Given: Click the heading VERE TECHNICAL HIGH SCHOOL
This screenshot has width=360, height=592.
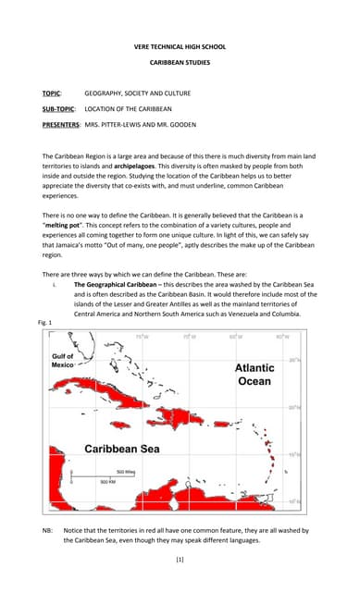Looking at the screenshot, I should pyautogui.click(x=180, y=45).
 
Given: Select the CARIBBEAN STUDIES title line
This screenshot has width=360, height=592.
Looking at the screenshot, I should pyautogui.click(x=180, y=63).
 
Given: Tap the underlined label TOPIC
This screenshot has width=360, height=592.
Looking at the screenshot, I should pyautogui.click(x=51, y=93).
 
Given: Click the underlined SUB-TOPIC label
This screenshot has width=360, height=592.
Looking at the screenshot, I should pyautogui.click(x=59, y=108).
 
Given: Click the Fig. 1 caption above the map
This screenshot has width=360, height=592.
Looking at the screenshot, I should pyautogui.click(x=45, y=321).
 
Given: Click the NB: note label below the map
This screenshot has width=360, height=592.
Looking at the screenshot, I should pyautogui.click(x=47, y=529).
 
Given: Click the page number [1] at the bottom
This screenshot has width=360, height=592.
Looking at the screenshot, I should pyautogui.click(x=180, y=560).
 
